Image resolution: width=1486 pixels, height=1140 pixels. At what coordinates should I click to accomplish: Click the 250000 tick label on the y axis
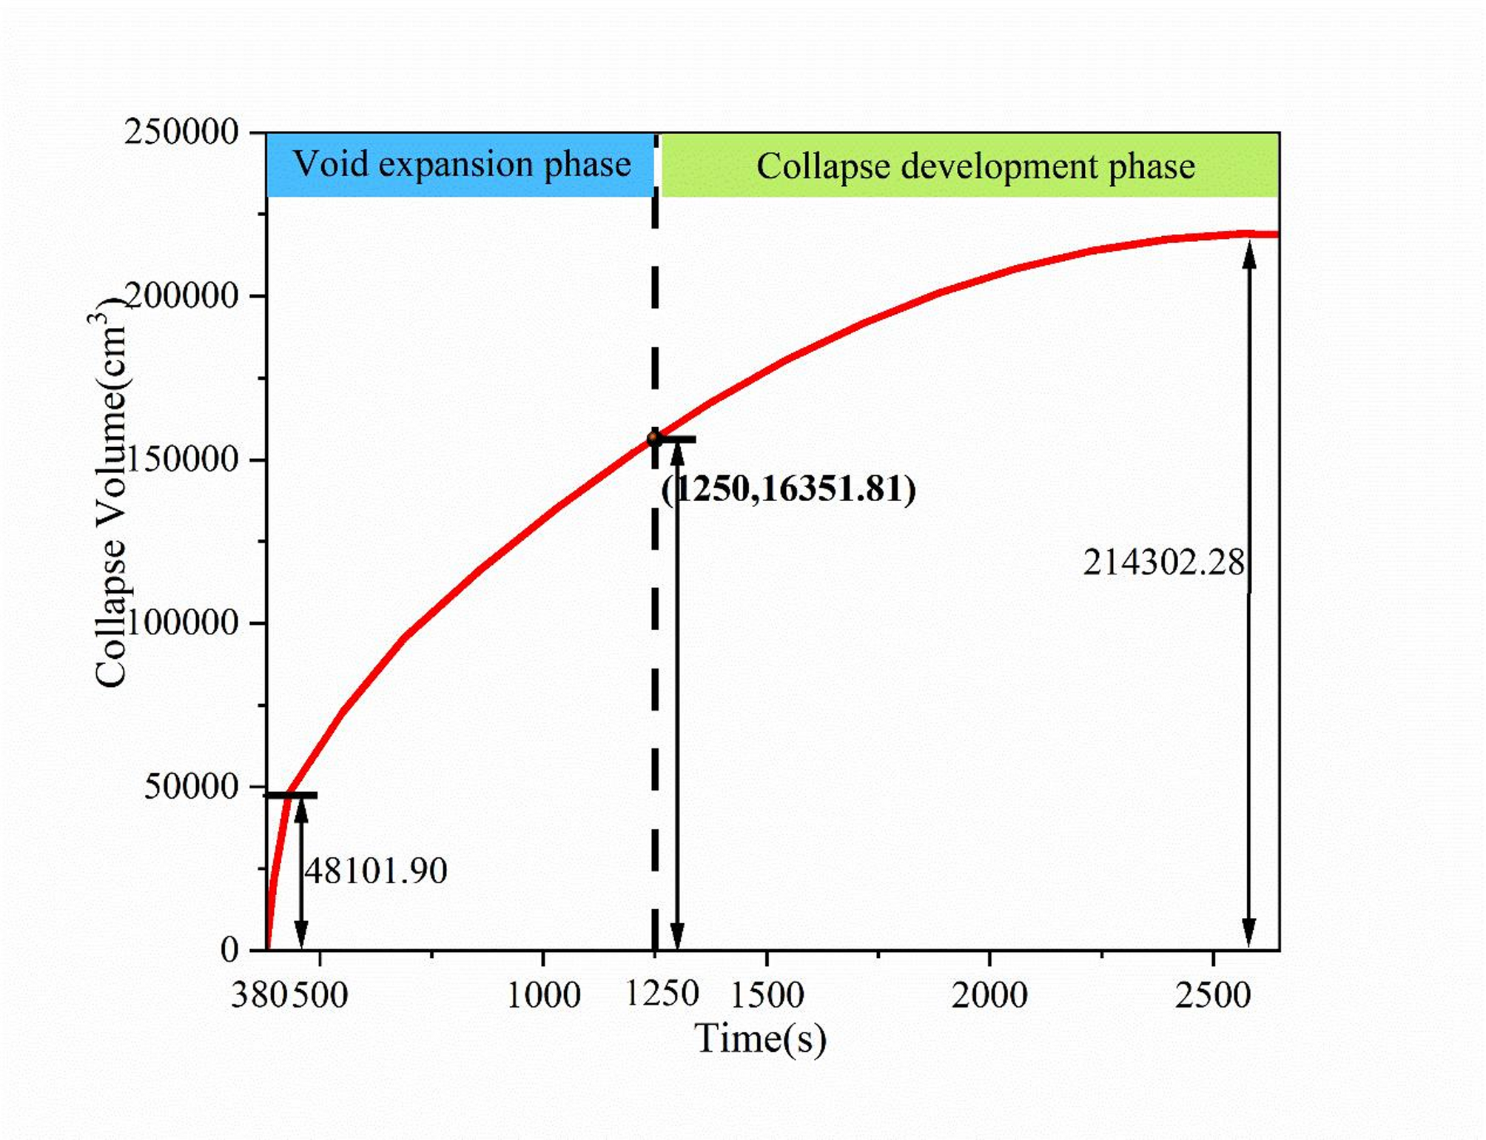point(181,133)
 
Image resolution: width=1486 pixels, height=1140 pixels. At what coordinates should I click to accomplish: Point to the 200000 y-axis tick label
point(182,296)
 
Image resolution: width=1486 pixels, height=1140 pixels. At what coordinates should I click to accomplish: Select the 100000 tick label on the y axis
point(182,623)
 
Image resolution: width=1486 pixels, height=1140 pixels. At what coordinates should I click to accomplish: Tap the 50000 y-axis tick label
point(191,786)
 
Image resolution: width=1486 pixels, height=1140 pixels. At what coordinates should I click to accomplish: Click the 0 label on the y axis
point(229,950)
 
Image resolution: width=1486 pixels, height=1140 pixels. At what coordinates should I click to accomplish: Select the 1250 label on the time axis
point(662,993)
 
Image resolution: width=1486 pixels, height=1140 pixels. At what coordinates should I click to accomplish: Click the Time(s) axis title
point(760,1038)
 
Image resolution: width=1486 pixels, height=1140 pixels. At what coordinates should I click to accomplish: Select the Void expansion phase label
point(462,164)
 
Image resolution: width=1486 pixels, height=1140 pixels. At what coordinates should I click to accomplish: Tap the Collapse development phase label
point(975,167)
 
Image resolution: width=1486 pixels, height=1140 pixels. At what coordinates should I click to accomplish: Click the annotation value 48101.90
point(376,871)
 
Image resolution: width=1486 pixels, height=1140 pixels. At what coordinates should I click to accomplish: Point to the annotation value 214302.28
point(1164,563)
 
